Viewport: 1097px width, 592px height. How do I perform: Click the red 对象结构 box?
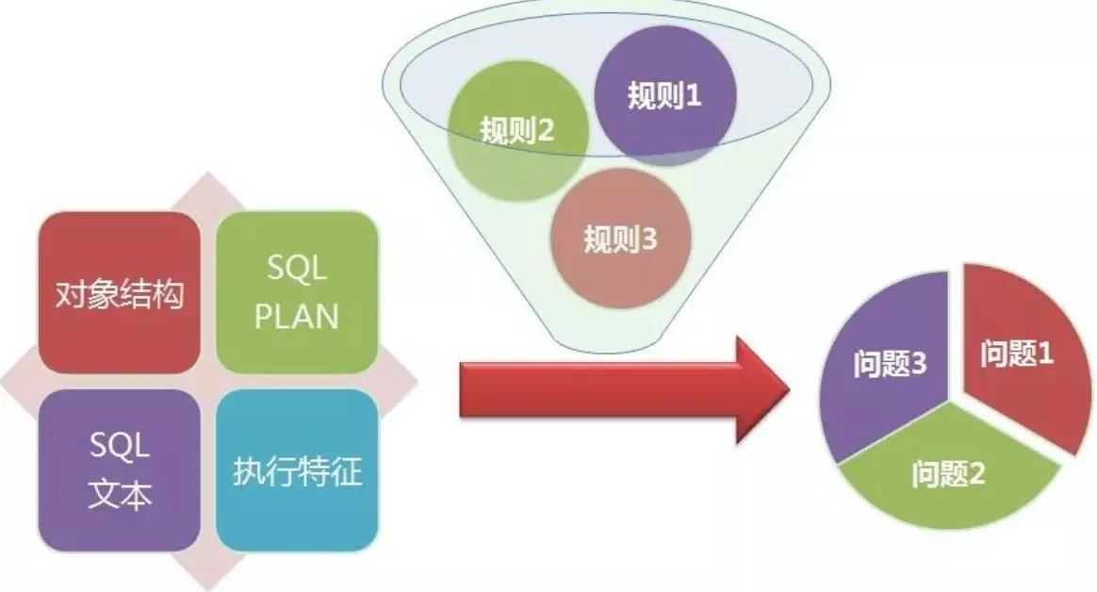tap(118, 292)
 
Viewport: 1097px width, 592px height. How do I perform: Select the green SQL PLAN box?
tap(297, 292)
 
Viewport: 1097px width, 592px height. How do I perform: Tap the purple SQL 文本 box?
tap(118, 469)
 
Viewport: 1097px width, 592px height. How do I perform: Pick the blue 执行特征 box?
tap(297, 469)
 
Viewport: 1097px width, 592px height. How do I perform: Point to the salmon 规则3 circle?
tap(619, 237)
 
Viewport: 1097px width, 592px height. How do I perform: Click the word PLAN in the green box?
tap(297, 316)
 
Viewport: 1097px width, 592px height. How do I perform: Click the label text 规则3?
tap(619, 239)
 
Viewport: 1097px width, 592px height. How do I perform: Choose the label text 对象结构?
tap(118, 294)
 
